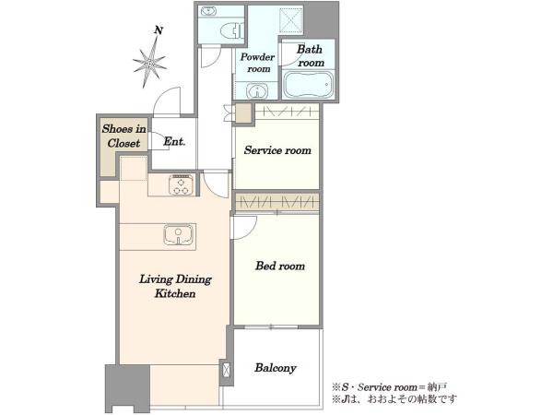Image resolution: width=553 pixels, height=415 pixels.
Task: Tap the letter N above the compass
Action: [x=159, y=30]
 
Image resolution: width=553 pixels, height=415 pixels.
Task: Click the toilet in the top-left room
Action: [x=232, y=30]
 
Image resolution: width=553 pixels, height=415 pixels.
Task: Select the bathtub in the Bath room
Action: [x=308, y=84]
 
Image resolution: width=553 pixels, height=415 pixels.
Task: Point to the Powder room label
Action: [x=258, y=63]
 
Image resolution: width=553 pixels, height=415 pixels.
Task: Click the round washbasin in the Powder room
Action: [x=257, y=91]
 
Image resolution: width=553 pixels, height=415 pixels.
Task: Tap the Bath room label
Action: [x=310, y=55]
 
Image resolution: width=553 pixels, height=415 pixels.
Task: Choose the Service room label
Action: [x=277, y=150]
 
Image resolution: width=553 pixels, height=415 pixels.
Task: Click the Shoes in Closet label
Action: [x=124, y=136]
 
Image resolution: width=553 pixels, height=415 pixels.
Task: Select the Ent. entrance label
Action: [x=174, y=141]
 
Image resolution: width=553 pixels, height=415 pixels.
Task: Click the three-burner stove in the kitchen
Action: [x=182, y=185]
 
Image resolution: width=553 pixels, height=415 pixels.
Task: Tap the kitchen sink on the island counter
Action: [x=179, y=235]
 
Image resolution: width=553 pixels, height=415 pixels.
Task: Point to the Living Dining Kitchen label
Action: [x=175, y=286]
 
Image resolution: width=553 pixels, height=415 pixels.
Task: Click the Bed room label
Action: [x=280, y=266]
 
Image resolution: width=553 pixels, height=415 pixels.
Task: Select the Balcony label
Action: [x=276, y=368]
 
